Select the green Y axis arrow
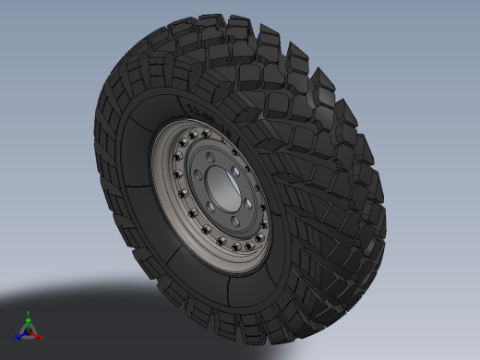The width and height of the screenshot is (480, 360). tap(29, 318)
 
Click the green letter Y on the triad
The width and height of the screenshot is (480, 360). tap(29, 312)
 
